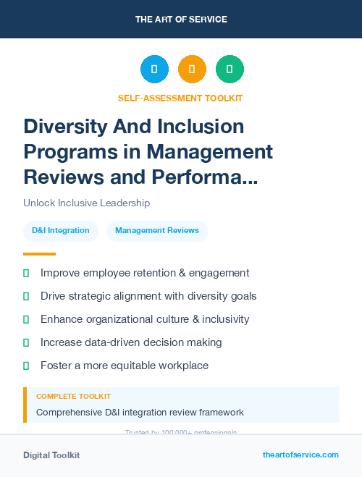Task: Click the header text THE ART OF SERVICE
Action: point(181,20)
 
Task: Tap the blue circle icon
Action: point(154,69)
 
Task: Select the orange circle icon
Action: point(192,69)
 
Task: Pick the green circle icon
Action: point(230,69)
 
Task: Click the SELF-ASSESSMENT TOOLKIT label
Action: point(180,98)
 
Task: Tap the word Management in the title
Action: point(210,151)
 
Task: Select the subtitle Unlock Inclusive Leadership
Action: point(86,203)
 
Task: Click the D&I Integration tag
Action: point(61,231)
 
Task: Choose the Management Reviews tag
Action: point(157,231)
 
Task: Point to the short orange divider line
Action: point(39,254)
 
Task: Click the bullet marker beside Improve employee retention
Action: point(26,273)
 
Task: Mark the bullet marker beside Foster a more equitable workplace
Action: point(26,366)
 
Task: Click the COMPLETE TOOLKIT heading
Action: point(73,397)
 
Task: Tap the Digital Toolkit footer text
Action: point(51,455)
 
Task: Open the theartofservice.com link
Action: point(300,455)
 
